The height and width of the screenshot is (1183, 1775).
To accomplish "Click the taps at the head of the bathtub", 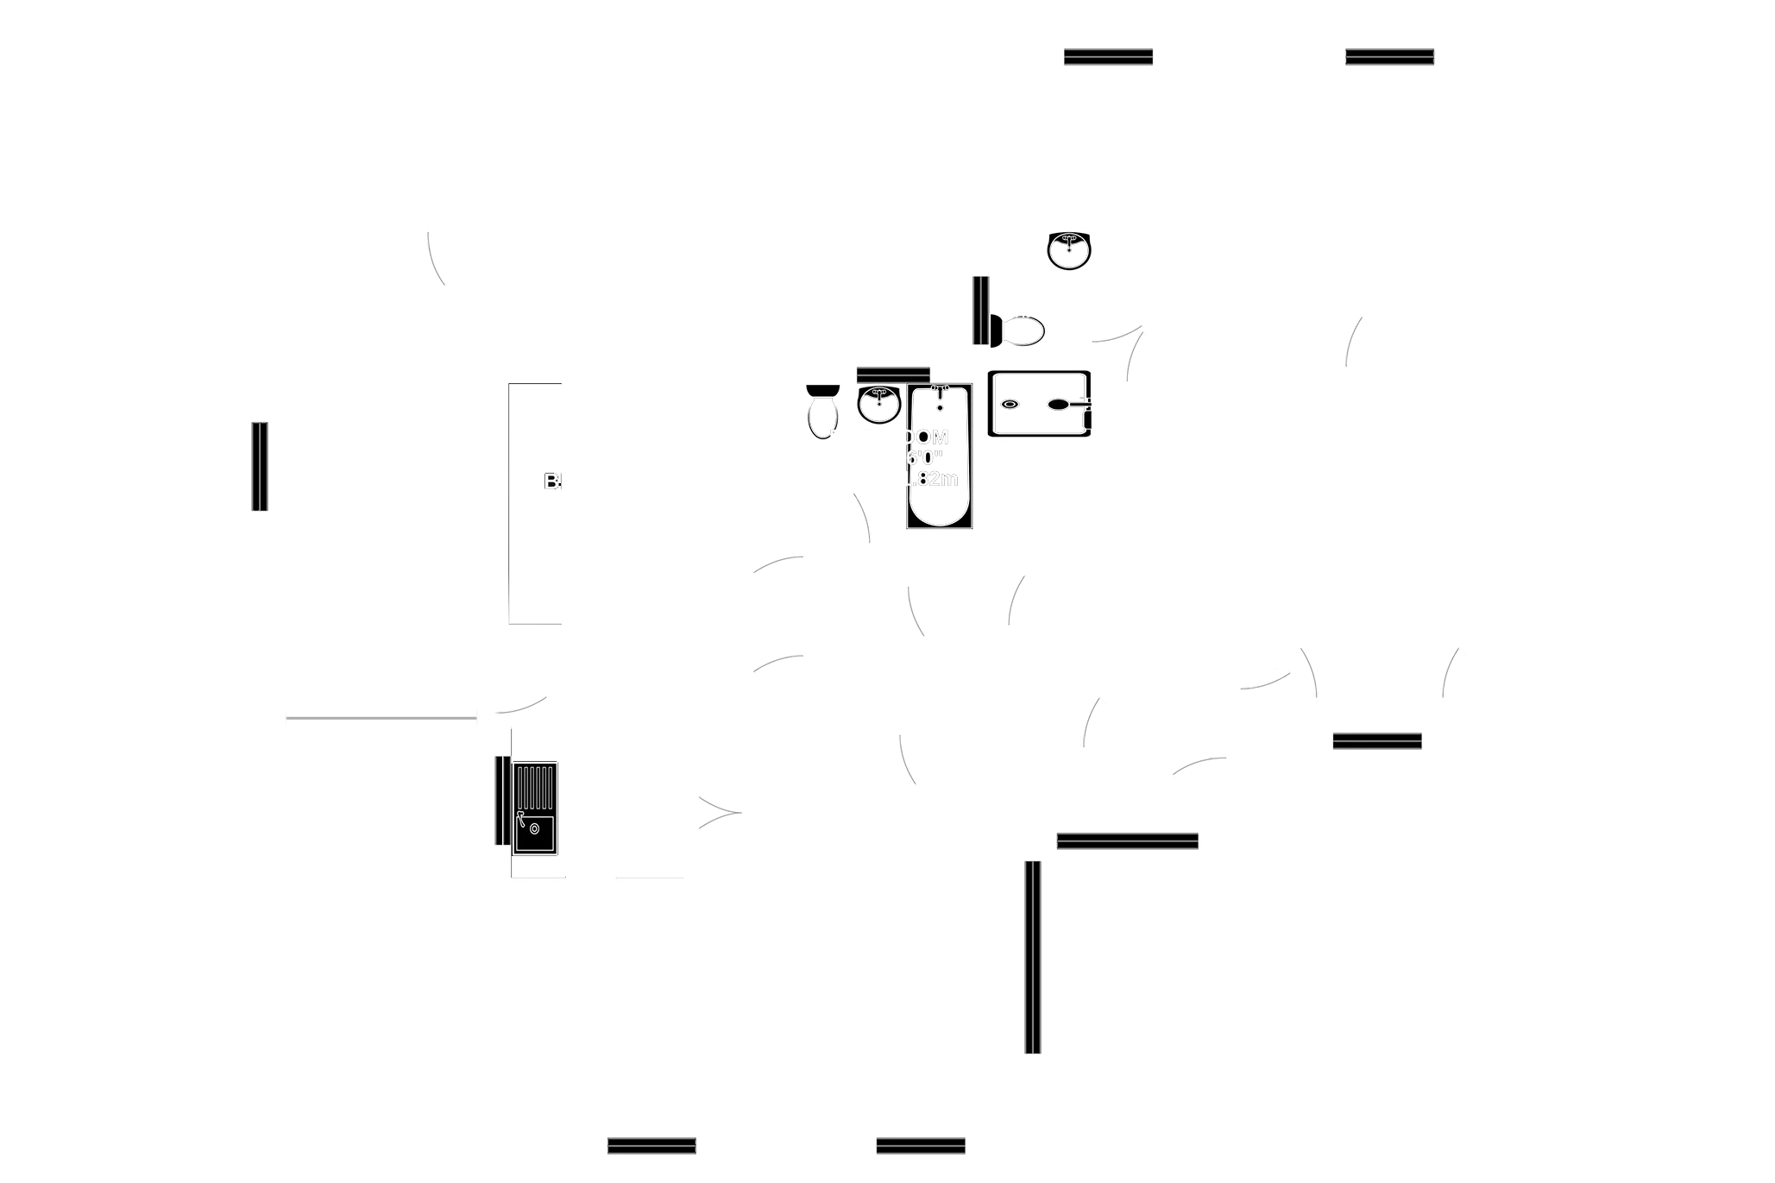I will (x=940, y=389).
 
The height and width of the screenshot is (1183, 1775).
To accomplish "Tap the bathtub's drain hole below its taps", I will (x=940, y=406).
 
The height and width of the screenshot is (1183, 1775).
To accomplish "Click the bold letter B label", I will (x=551, y=481).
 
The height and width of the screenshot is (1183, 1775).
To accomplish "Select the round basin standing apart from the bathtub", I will (x=1068, y=251).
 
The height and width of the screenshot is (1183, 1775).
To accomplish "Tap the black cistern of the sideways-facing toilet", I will (x=996, y=331).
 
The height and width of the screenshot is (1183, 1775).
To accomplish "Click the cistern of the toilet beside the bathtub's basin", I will (x=823, y=392).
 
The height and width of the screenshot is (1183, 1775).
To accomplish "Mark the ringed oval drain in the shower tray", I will (x=1010, y=404).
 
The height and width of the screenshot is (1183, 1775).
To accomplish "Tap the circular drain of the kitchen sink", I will (x=535, y=830).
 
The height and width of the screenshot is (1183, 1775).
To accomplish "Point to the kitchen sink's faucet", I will (x=520, y=816).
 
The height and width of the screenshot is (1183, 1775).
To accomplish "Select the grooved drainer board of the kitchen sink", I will (x=535, y=786).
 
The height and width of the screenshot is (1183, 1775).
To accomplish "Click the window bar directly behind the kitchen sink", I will (x=496, y=800).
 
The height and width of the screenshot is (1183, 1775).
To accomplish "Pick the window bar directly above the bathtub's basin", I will (x=893, y=374).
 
